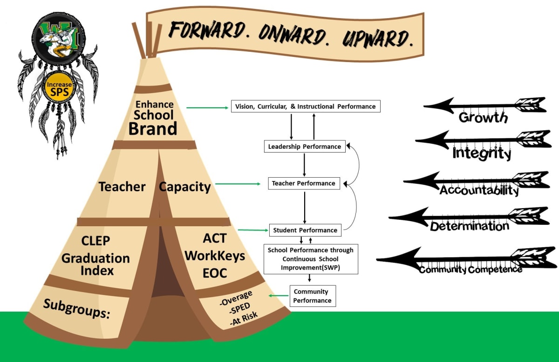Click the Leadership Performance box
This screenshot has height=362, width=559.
304,146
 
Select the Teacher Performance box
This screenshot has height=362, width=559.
304,183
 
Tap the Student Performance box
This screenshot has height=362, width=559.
305,230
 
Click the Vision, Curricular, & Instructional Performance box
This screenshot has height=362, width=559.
306,106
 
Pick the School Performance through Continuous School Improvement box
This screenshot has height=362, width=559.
310,258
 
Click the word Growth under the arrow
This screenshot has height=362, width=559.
483,117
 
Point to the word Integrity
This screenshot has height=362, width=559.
482,153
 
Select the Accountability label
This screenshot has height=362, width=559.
479,190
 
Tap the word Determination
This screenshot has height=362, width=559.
469,226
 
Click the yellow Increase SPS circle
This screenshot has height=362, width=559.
59,88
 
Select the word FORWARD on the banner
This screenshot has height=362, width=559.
206,30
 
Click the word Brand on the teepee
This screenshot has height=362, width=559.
153,128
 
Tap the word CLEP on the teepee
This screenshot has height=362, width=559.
95,241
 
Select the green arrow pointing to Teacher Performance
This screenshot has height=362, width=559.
238,184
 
